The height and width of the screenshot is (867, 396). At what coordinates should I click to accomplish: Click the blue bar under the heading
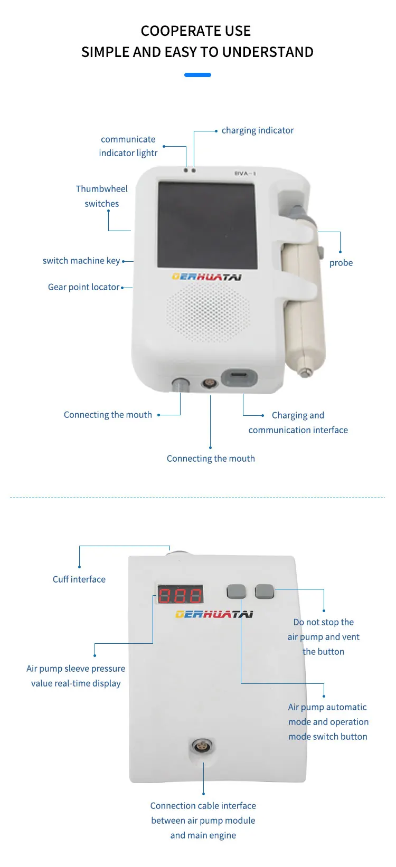point(197,75)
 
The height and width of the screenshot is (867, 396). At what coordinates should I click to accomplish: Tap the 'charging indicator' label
point(257,130)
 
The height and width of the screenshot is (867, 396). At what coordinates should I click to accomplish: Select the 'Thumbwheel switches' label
point(101,196)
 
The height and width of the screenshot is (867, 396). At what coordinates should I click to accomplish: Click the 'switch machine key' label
point(81,261)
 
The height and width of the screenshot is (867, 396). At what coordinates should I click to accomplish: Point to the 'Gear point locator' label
point(83,287)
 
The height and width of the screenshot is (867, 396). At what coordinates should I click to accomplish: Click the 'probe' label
point(341,263)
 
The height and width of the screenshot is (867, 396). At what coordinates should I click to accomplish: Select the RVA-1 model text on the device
point(245,174)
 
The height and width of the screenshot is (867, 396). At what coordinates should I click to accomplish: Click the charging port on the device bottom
point(239,378)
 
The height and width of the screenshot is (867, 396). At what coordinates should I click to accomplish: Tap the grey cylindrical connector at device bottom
point(181,384)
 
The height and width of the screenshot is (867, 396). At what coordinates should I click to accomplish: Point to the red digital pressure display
point(181,595)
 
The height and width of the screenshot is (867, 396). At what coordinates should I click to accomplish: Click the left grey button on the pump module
point(237,592)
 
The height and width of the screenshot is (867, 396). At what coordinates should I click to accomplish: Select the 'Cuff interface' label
point(79,579)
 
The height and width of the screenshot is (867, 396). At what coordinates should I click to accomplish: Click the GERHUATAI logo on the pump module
point(214,614)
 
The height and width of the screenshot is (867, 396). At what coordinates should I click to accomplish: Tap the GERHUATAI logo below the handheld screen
point(207,277)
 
